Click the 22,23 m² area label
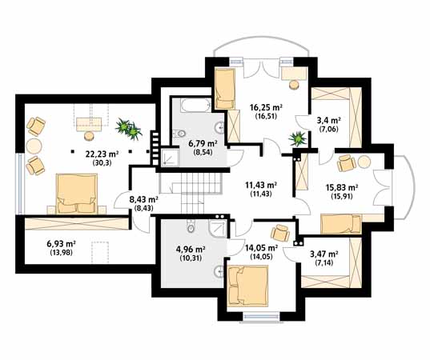(102, 154)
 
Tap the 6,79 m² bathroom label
(203, 143)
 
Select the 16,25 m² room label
(267, 107)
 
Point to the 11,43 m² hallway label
(261, 185)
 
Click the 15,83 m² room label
(341, 187)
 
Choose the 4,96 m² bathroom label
(191, 250)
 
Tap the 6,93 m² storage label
(62, 243)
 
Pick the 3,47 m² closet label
(324, 254)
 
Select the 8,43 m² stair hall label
(143, 199)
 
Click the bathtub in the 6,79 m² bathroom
(195, 106)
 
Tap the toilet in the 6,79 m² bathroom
(180, 134)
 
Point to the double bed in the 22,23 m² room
(77, 194)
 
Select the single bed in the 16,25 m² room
(225, 88)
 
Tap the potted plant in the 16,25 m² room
(298, 138)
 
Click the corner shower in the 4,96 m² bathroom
(218, 228)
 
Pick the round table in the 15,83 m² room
(364, 162)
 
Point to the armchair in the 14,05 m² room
(280, 233)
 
